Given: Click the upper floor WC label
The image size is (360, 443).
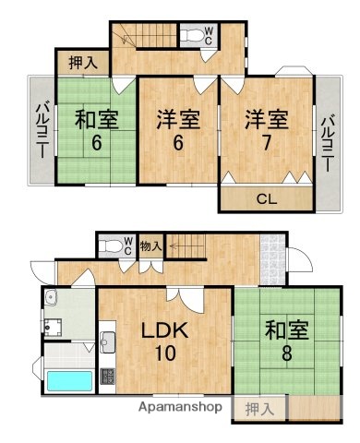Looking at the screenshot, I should click(x=210, y=36).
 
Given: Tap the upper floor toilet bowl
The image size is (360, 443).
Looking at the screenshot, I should click(x=191, y=35).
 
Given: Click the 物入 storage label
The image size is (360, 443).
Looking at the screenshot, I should click(x=151, y=245).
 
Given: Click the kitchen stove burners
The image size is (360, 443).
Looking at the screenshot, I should click(x=106, y=376).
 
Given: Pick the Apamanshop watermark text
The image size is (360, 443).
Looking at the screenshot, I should click(x=182, y=406).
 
